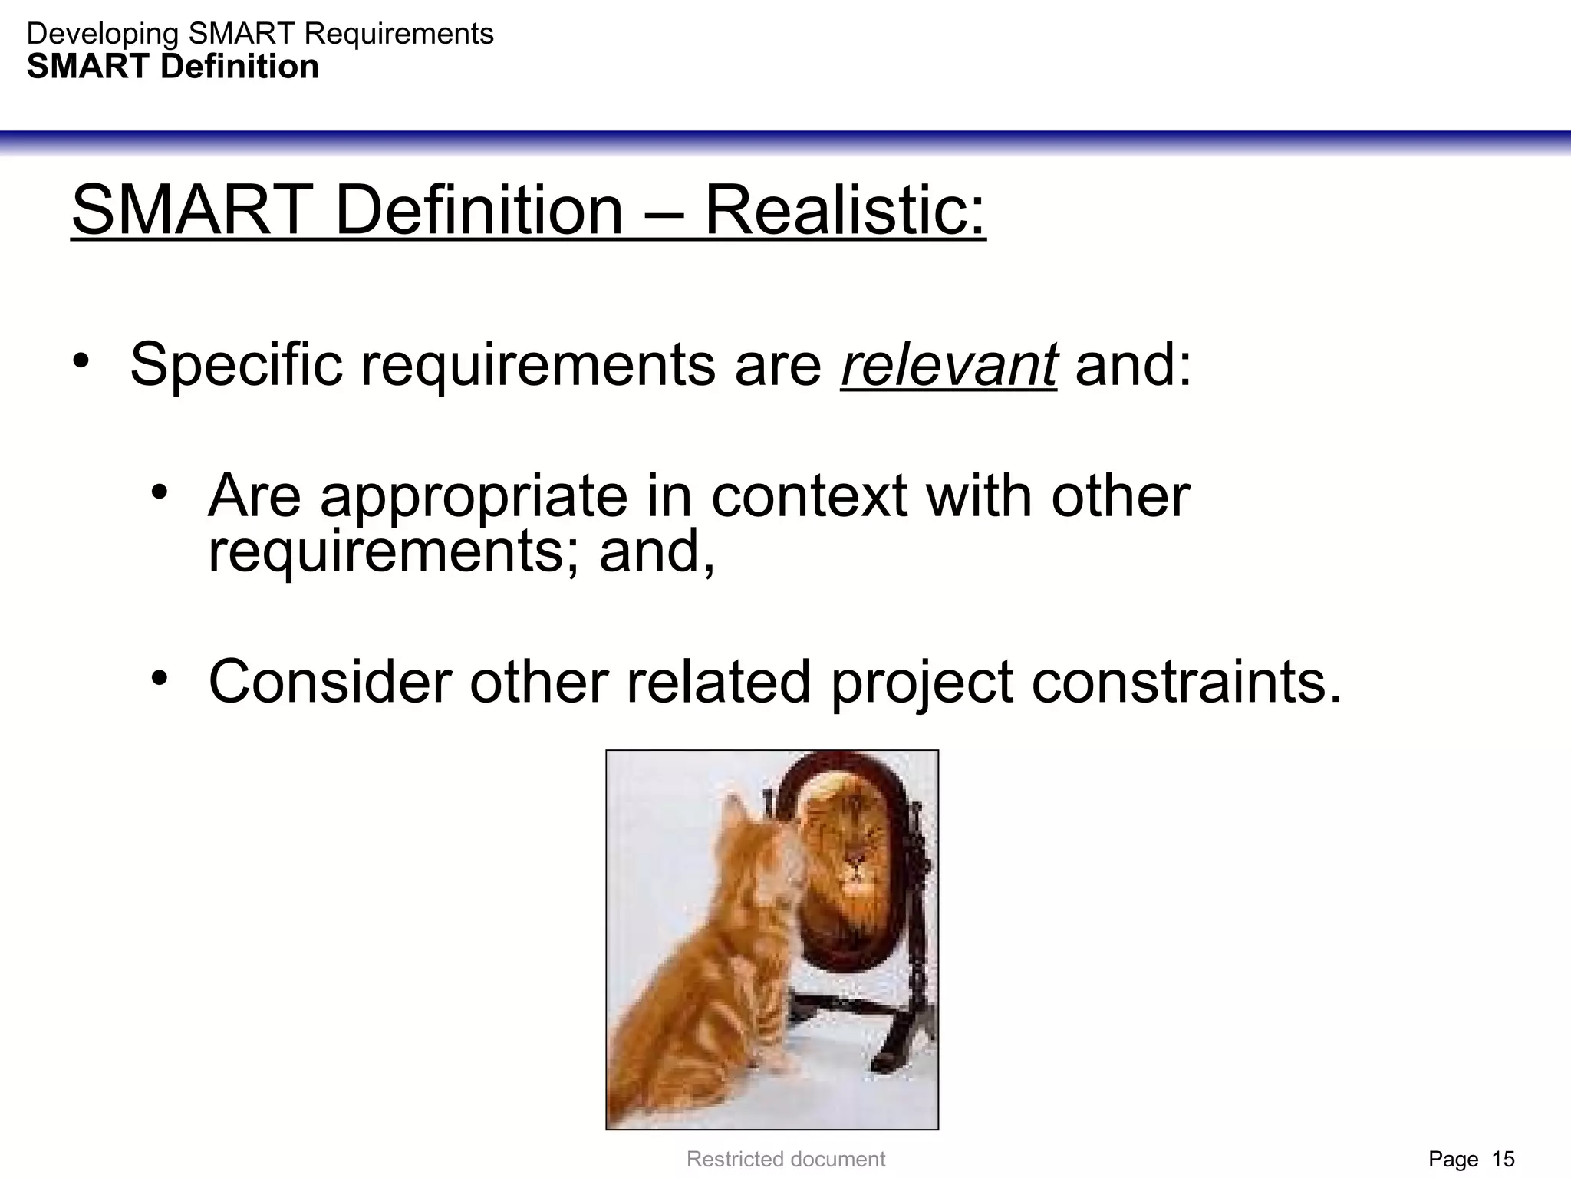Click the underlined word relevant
coord(949,365)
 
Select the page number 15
coord(1503,1159)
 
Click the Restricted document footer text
coord(785,1159)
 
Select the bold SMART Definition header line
coord(173,67)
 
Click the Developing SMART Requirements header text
coord(260,34)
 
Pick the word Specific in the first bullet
coord(235,365)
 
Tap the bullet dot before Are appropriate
coord(160,492)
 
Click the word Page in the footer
coord(1453,1159)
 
